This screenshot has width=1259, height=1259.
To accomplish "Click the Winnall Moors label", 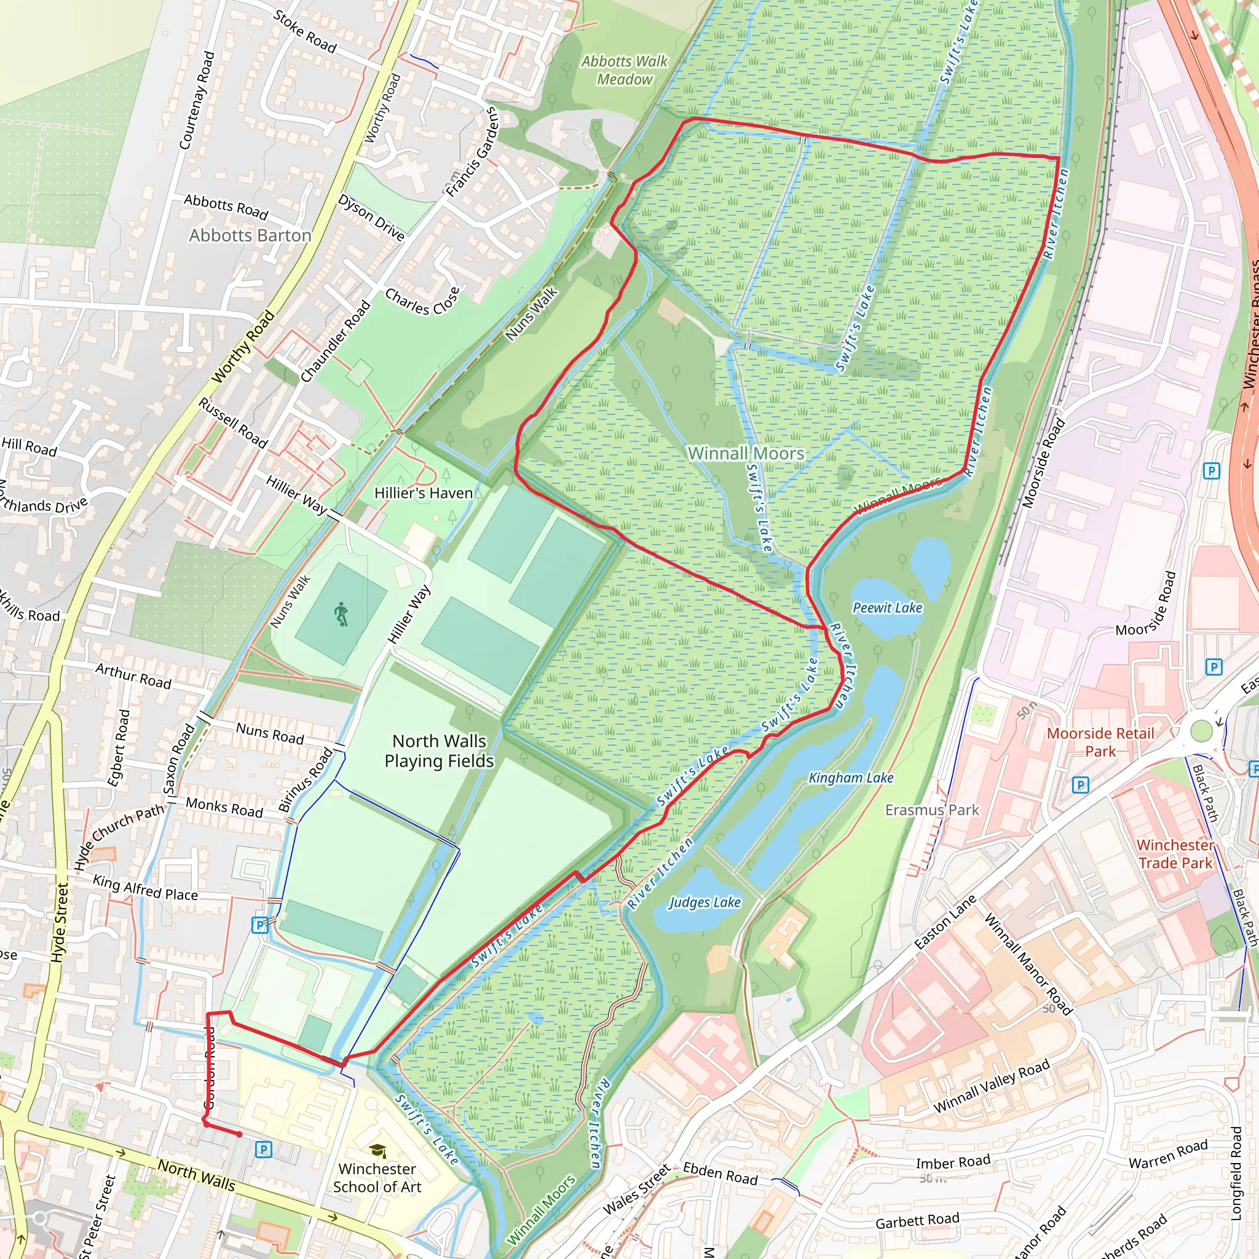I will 746,453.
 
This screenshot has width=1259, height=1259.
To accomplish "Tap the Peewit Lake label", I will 888,608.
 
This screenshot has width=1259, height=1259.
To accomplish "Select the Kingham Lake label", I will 850,778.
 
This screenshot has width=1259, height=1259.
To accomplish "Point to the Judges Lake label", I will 704,902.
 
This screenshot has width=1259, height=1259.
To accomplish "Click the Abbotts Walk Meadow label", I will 625,70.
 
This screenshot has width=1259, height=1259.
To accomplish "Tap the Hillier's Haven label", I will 424,493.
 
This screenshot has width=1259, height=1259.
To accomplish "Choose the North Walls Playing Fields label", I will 439,751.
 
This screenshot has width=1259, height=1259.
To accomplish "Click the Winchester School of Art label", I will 377,1178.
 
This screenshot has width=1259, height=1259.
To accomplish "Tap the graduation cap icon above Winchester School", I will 377,1151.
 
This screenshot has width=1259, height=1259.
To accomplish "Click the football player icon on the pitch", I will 341,615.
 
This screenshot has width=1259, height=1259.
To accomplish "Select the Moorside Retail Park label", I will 1100,742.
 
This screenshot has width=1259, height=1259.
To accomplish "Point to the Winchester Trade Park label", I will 1175,854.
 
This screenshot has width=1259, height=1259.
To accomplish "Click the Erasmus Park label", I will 932,810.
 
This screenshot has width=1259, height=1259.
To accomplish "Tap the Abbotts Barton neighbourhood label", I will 250,235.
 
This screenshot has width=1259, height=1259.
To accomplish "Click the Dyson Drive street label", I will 371,217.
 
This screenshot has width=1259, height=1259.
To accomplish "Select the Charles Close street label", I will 422,301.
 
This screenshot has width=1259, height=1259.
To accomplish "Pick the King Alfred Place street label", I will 145,888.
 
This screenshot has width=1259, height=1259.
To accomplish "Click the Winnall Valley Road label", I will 991,1086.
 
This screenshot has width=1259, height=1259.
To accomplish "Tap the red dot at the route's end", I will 240,1135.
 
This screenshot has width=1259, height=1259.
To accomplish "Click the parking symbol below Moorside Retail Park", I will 1079,785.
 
